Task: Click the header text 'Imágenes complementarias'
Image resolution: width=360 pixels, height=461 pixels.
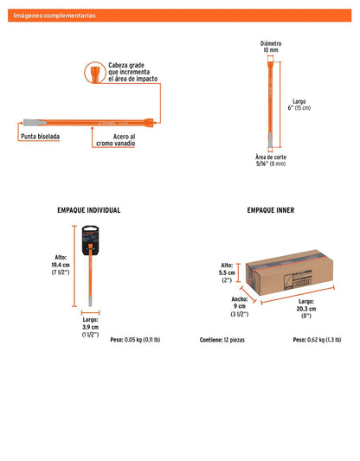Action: pos(55,16)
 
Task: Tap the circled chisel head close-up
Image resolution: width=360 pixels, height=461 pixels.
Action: pos(95,73)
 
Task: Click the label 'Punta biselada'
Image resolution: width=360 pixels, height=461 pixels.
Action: pos(41,137)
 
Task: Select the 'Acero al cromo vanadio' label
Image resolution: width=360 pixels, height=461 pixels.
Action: pos(116,140)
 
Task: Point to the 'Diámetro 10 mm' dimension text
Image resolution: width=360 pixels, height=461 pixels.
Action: pos(271,47)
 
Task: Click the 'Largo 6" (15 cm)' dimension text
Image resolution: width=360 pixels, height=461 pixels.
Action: pos(299,105)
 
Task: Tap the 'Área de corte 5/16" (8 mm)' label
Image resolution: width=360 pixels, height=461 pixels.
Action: pos(271,160)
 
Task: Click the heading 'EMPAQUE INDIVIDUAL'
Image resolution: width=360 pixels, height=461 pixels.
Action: pos(89,210)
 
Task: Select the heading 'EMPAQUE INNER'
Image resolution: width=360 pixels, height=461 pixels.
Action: pos(271,210)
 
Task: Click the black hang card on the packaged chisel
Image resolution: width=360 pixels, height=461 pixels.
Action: pos(90,240)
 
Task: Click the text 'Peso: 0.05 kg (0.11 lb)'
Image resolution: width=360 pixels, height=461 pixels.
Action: pos(135,340)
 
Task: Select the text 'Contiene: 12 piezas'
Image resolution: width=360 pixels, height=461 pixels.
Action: pos(222,340)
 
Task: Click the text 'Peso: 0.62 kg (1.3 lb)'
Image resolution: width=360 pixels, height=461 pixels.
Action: pos(317,340)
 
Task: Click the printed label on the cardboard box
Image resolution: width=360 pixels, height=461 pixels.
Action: pos(298,281)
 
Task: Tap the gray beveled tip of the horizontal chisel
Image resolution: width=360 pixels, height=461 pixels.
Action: pos(35,123)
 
